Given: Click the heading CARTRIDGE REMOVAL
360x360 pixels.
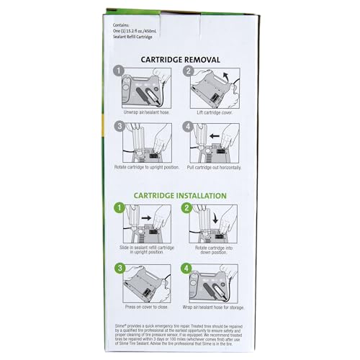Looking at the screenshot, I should (x=180, y=59).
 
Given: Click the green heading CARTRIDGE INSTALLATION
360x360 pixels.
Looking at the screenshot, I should (x=180, y=195).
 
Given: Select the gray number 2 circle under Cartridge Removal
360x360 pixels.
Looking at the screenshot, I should (x=189, y=72).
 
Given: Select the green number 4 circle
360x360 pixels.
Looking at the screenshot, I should (x=189, y=268).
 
